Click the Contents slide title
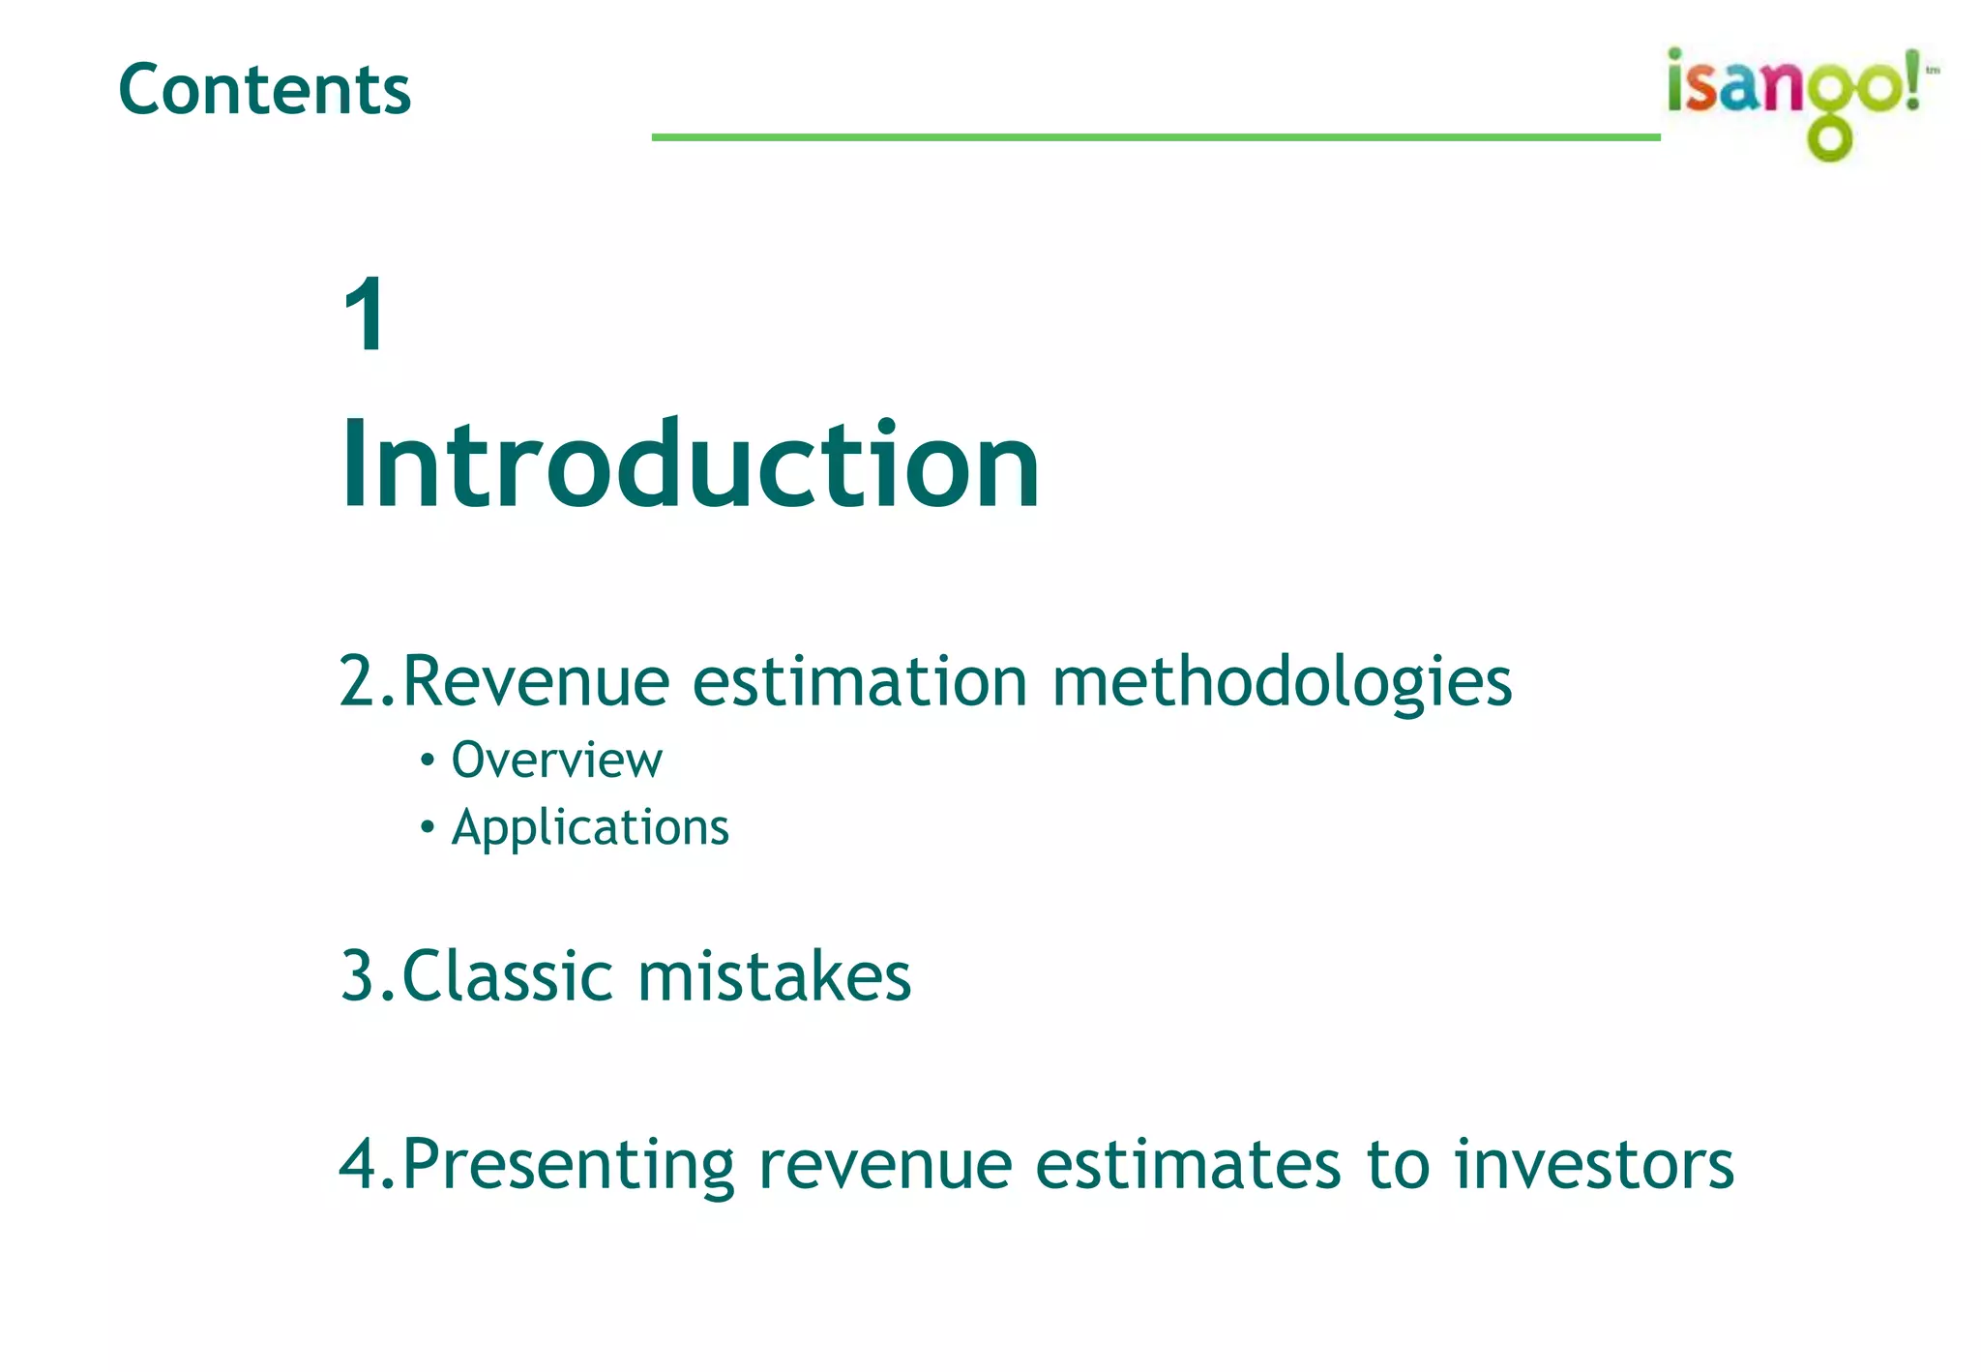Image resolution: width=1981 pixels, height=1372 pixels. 264,89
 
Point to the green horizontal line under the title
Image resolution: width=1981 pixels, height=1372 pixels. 1156,137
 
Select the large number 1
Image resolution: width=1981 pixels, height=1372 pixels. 366,314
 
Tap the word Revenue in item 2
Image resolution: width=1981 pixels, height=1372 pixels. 535,681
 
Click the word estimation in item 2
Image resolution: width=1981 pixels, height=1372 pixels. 860,681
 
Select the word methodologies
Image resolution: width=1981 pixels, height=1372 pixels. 1282,683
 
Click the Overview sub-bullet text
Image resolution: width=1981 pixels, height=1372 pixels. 556,760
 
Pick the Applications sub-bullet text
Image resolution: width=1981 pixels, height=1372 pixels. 590,828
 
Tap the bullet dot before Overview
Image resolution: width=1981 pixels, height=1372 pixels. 428,760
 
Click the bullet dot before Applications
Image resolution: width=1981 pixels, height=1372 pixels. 428,827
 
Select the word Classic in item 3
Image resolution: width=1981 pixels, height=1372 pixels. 507,975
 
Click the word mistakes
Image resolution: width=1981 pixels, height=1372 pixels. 774,975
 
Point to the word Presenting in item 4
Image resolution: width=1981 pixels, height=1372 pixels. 568,1165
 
